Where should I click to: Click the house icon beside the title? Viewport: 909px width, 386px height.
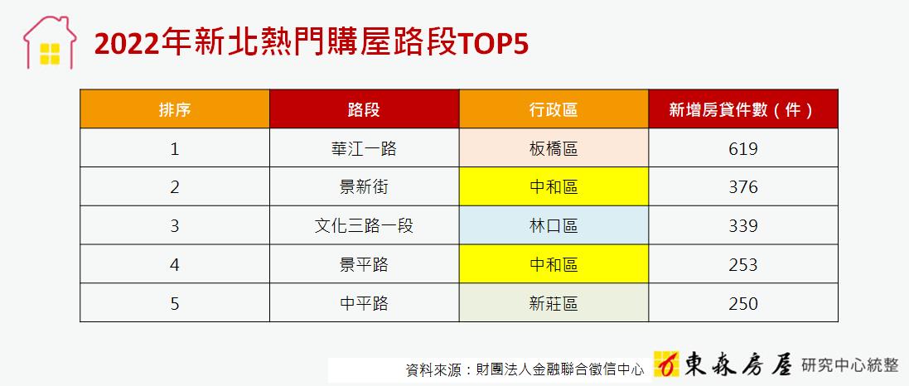[50, 42]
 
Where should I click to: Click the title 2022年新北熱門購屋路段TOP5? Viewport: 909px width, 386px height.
[312, 43]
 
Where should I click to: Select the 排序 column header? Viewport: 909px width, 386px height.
[175, 109]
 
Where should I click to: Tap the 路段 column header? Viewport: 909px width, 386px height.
[364, 109]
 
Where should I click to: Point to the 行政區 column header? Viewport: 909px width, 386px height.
[554, 109]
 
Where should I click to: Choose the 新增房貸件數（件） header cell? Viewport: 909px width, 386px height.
[743, 109]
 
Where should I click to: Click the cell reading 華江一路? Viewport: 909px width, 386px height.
[364, 149]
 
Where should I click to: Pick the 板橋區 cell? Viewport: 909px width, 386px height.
[554, 149]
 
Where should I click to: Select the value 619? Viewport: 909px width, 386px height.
[743, 149]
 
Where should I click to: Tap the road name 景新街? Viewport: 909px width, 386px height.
[364, 187]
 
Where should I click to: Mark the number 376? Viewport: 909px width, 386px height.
[743, 187]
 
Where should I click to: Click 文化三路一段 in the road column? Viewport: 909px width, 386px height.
[364, 225]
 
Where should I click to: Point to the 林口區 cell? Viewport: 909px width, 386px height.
[554, 225]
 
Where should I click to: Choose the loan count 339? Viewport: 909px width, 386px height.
[743, 225]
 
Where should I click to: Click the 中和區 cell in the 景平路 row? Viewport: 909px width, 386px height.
[554, 264]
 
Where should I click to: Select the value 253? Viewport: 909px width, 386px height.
[743, 264]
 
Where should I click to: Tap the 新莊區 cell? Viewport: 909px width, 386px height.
[554, 303]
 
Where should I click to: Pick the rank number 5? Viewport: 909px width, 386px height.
[175, 303]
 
